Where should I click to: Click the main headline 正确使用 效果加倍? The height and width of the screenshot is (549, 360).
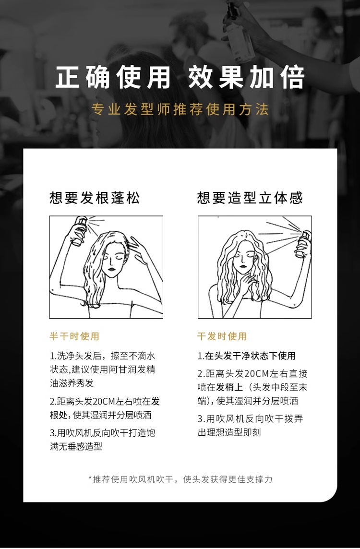(180, 77)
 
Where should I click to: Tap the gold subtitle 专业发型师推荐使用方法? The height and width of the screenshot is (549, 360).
(180, 109)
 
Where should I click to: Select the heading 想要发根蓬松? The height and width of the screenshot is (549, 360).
(95, 197)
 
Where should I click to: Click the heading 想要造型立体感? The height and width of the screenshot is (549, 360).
(250, 197)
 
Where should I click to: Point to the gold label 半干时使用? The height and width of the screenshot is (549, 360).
(74, 336)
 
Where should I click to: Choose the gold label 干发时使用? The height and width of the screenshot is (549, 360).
(222, 336)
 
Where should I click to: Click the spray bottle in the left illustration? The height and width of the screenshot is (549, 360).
(79, 231)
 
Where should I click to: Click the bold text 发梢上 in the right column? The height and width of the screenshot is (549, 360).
(230, 387)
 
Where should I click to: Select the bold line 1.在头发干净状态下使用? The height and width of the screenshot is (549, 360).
(247, 356)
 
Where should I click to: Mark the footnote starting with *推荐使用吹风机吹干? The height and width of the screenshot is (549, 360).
(180, 479)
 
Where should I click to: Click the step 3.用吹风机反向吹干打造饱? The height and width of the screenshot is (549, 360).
(103, 433)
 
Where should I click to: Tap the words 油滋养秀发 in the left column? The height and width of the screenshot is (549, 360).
(72, 383)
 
